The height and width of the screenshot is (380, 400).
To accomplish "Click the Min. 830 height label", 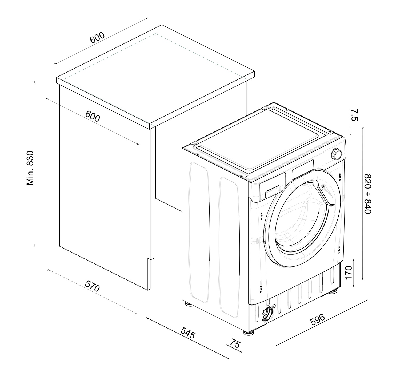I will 30,168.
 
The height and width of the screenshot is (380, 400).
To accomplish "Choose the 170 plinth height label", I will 348,272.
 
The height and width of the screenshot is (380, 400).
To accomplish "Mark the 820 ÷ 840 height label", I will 368,194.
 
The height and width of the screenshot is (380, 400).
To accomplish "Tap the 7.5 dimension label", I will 354,115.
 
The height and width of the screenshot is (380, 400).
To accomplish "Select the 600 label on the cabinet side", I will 93,116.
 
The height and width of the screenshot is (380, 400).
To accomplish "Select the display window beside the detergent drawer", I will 303,169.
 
